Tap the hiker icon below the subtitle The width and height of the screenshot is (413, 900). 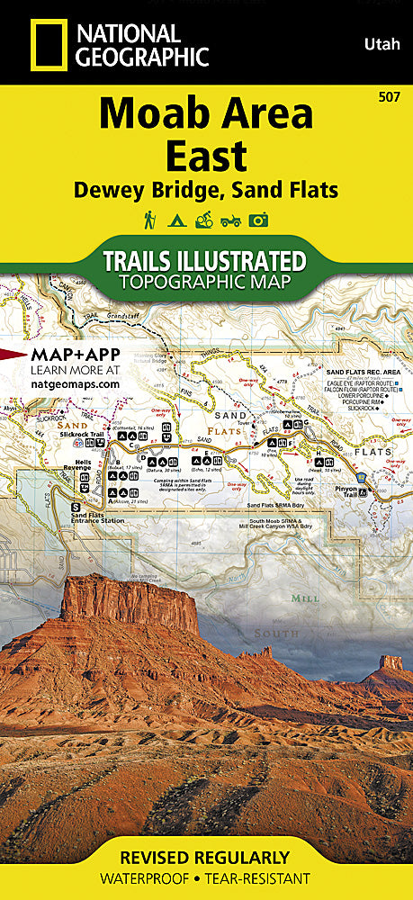[x=148, y=220]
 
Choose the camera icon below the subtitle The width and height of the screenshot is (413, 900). [x=260, y=220]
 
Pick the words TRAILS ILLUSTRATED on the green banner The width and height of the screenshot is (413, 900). [x=206, y=262]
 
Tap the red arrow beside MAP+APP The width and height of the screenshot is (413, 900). [x=13, y=355]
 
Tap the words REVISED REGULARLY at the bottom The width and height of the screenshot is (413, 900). [x=206, y=857]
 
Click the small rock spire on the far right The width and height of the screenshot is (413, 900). [x=390, y=663]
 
